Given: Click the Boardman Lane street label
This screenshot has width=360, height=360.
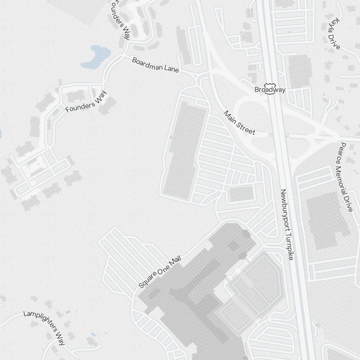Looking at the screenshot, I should tap(155, 65).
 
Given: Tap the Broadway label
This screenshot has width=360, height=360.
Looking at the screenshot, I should tap(270, 89).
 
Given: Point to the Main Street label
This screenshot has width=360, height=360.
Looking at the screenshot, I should tap(239, 123).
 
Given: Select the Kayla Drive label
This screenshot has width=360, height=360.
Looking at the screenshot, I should tap(332, 33).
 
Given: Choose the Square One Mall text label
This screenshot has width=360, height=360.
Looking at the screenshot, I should tap(159, 272).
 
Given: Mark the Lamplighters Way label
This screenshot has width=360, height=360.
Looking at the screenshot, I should tap(44, 327).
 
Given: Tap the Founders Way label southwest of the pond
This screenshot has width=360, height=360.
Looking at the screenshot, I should tap(86, 102).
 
